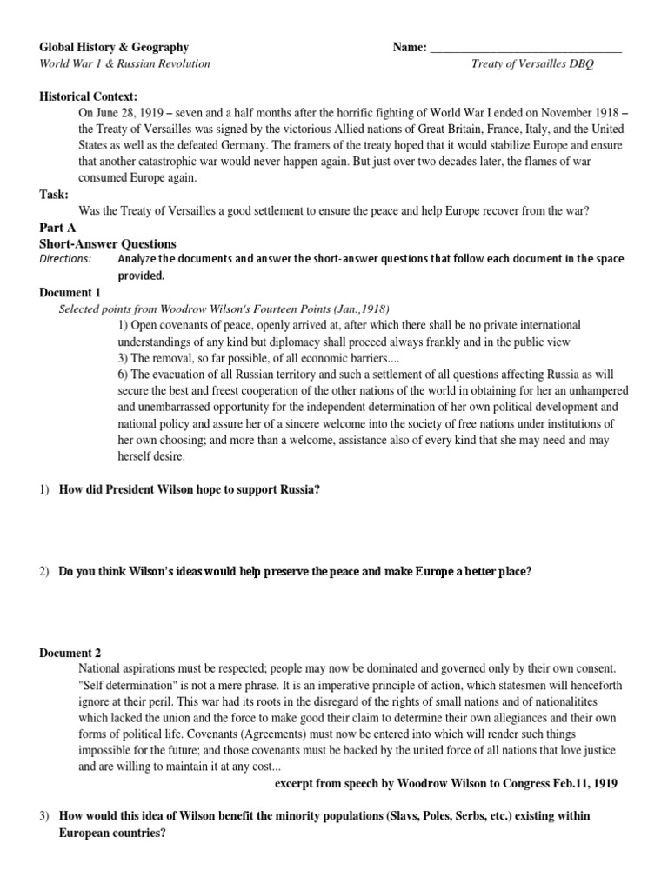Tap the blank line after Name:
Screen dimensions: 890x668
(x=526, y=49)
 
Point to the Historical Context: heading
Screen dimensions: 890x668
(x=89, y=96)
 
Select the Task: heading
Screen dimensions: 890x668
(x=55, y=194)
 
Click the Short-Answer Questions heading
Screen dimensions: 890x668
(x=108, y=243)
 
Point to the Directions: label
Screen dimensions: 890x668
(x=65, y=259)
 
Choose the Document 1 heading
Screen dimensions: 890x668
(x=70, y=292)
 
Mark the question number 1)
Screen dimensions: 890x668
(x=46, y=489)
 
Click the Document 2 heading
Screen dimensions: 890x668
(x=70, y=653)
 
